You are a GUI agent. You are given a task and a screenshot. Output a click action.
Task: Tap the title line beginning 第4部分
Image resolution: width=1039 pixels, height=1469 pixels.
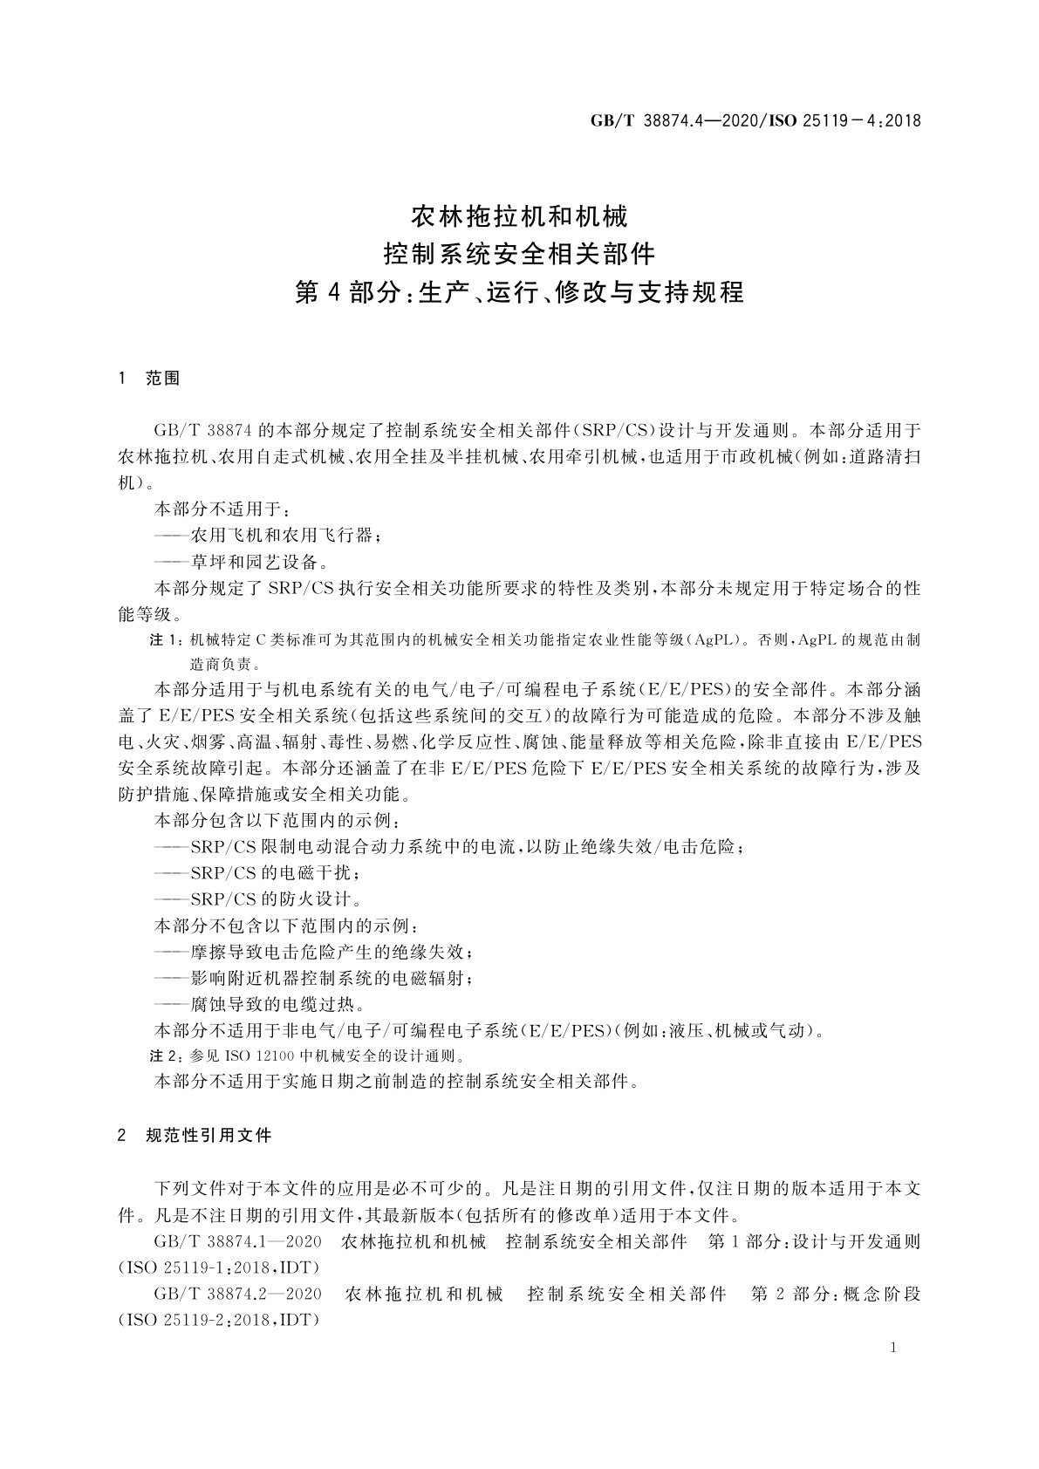pyautogui.click(x=519, y=292)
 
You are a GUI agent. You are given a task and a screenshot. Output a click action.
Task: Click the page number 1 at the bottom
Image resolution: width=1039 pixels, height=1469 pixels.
pyautogui.click(x=894, y=1348)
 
